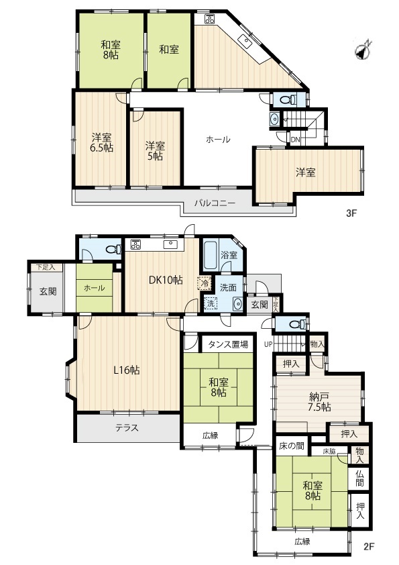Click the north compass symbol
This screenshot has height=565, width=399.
(363, 50)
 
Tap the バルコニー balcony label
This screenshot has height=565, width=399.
(215, 203)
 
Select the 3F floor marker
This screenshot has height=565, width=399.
(351, 213)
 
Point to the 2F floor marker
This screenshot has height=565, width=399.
(369, 547)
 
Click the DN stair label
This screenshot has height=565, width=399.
(295, 140)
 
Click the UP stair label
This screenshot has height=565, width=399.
(268, 344)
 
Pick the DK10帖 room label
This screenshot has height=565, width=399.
(166, 280)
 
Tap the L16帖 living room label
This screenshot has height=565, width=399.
(127, 370)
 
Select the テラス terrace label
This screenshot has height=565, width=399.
(127, 427)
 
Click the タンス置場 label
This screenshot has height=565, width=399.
(228, 344)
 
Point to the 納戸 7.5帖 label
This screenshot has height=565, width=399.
(320, 402)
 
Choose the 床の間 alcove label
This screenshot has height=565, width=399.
(292, 446)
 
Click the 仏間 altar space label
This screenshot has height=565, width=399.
(359, 478)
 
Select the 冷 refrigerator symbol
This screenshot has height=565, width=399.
(205, 283)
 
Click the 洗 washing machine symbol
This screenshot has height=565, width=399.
(211, 304)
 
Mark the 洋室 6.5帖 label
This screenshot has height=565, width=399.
(102, 143)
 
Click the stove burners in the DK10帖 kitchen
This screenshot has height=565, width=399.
(135, 245)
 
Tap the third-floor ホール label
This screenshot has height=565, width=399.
(218, 140)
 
